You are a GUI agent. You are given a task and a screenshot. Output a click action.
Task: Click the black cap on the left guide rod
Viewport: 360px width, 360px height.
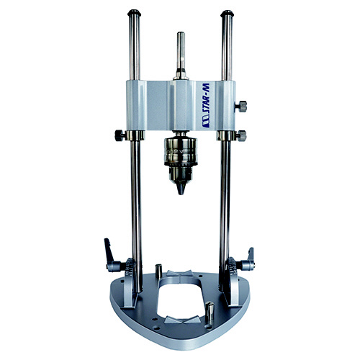tap(134, 13)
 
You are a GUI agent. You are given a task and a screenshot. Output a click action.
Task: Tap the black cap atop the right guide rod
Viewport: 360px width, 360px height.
tap(227, 14)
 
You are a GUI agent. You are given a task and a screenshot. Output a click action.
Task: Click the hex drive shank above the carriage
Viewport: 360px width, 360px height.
tap(181, 55)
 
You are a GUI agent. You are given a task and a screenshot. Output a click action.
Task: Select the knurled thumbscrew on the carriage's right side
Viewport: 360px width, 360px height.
tap(240, 107)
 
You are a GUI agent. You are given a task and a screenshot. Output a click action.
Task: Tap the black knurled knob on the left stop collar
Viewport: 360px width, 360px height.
tap(120, 135)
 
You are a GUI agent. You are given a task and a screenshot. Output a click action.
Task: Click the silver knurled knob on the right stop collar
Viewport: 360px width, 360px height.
tap(241, 136)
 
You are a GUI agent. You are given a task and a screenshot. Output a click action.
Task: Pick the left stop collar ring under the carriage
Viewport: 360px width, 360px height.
tap(135, 135)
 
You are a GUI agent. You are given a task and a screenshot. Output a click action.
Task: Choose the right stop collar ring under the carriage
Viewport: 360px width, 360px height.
tap(226, 135)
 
